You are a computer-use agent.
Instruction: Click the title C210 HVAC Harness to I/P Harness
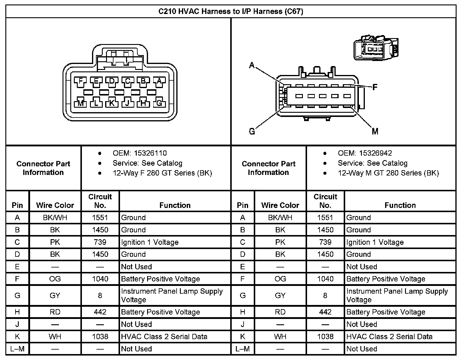(231, 12)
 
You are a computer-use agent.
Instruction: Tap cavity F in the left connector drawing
(80, 81)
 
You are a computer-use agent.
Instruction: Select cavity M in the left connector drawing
(80, 103)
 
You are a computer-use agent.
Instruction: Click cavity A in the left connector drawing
(159, 81)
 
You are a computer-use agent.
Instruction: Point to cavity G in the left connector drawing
(159, 103)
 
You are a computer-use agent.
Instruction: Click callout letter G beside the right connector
(252, 131)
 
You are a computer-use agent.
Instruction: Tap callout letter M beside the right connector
(375, 131)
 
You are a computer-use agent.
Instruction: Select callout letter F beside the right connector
(375, 87)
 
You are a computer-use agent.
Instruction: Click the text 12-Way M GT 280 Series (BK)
(388, 173)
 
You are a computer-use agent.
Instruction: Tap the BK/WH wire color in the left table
(55, 218)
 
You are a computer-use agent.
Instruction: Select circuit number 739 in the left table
(100, 242)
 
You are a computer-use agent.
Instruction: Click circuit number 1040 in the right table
(325, 279)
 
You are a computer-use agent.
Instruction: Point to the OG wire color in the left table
(55, 279)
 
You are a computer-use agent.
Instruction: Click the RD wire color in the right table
(280, 312)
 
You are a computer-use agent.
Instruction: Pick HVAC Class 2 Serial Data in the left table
(164, 337)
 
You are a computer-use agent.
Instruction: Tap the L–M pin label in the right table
(242, 349)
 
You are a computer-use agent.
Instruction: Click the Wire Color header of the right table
(280, 205)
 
